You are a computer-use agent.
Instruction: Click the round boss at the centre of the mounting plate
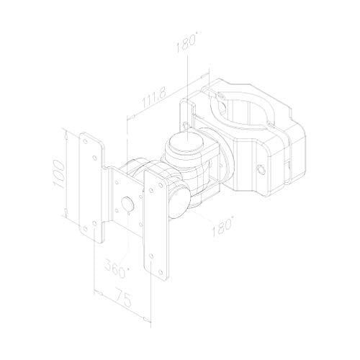point(128,205)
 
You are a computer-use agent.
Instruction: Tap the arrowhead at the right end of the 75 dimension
point(149,314)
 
